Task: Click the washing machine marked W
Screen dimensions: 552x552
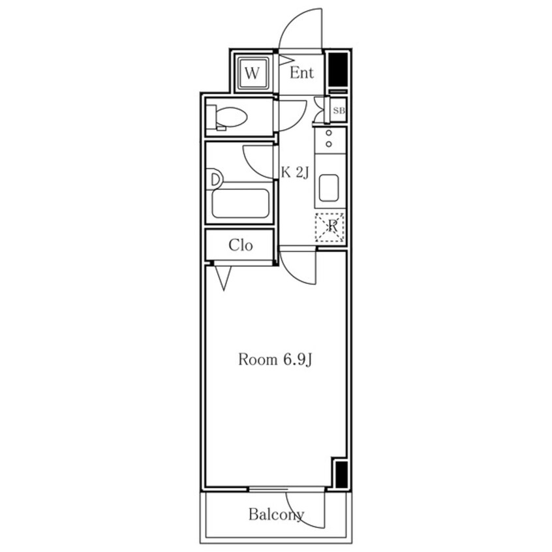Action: (252, 73)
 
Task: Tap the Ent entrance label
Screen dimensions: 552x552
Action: (301, 73)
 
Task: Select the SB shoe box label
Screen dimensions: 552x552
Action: (339, 110)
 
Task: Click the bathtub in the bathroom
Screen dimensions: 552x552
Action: (241, 203)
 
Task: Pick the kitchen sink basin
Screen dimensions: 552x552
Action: (329, 189)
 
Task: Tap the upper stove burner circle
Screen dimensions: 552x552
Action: (329, 133)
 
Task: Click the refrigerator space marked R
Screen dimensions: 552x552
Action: (330, 227)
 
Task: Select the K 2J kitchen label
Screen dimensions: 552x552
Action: (295, 173)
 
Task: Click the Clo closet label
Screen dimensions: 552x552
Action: (241, 245)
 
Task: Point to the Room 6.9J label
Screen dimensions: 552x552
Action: (275, 360)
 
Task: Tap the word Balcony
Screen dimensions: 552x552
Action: (276, 515)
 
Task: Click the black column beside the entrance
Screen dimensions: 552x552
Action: (337, 70)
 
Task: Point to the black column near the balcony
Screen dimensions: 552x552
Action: (341, 474)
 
